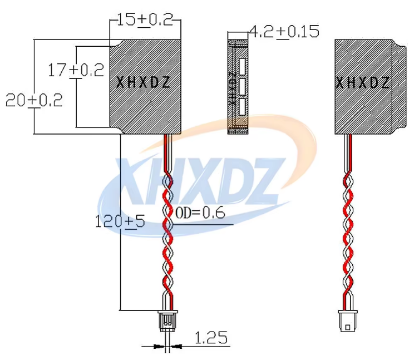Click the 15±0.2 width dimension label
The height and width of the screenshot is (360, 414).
[145, 20]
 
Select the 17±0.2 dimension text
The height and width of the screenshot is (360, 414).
[76, 71]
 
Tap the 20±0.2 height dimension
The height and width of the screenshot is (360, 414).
[34, 100]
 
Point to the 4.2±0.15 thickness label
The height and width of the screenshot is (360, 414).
[284, 32]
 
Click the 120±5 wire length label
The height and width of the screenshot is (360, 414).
[120, 221]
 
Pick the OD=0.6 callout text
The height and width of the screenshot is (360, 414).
[200, 213]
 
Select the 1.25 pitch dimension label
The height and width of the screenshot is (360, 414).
[211, 338]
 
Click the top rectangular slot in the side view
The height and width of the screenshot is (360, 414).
[242, 66]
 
